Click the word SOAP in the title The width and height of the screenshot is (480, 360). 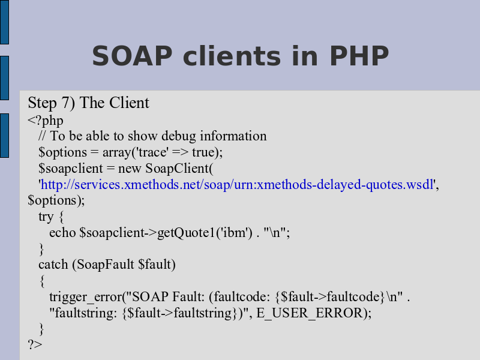(x=132, y=56)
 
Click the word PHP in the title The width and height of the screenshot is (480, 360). (x=359, y=56)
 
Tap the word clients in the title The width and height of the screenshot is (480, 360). (x=232, y=56)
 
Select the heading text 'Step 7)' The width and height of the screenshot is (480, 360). (x=52, y=103)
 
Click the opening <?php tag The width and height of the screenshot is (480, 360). (x=46, y=121)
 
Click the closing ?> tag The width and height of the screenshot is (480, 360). (x=35, y=344)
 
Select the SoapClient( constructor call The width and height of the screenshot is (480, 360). (x=179, y=169)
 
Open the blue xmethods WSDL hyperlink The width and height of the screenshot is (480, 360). (x=237, y=185)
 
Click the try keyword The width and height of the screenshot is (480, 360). (x=46, y=217)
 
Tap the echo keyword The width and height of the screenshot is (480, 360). (x=62, y=233)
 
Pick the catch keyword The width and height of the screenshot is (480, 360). (x=53, y=265)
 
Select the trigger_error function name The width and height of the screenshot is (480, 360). (x=86, y=297)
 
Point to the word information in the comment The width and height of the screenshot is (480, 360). (x=233, y=136)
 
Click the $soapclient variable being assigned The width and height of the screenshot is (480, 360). (x=71, y=169)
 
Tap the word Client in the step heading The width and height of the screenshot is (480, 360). (x=130, y=103)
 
